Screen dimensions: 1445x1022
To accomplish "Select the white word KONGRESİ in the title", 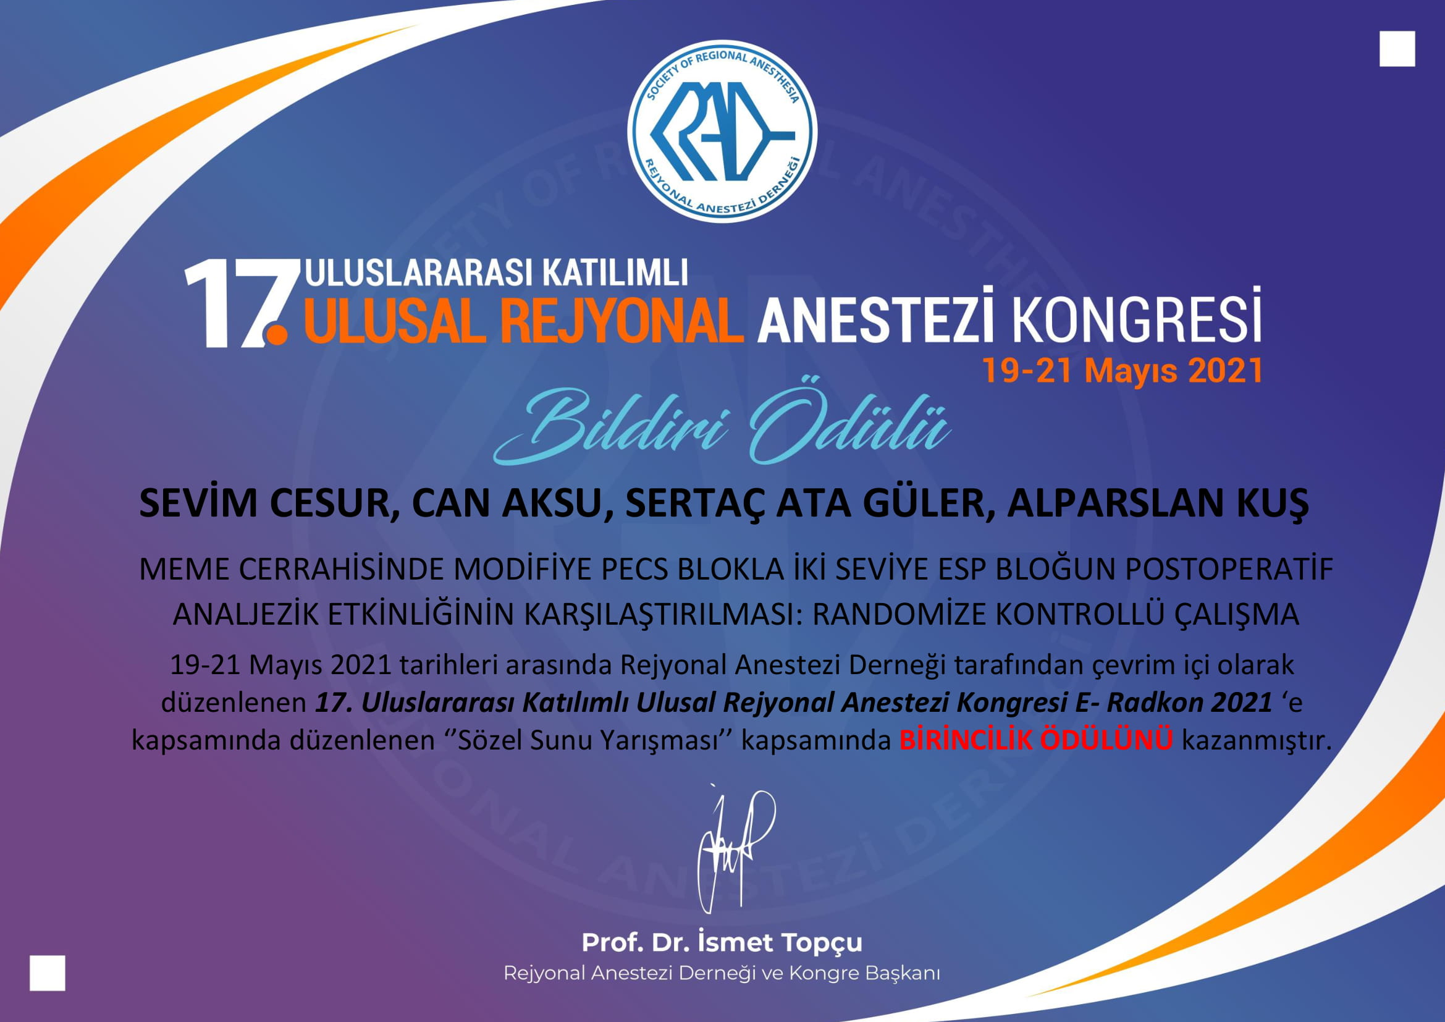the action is tap(1137, 315).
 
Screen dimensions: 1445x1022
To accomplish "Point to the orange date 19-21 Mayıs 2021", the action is tap(1122, 370).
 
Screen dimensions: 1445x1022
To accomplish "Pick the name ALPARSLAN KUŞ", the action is tap(1158, 504).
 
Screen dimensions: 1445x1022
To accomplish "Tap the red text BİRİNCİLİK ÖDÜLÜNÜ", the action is tap(1036, 740).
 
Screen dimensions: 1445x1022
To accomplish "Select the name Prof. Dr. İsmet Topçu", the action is tap(722, 943).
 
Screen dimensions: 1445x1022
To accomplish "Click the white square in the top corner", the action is tap(1397, 49).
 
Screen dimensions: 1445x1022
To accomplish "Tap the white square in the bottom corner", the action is tap(47, 973).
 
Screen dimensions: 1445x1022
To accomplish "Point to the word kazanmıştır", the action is tap(1257, 740).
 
